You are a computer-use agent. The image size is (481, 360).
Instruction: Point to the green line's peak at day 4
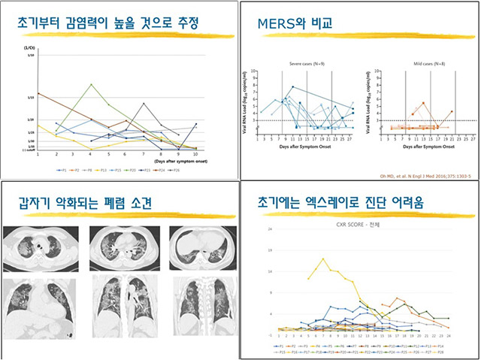[x=91, y=84]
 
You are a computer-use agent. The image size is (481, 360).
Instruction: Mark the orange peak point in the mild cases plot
[x=424, y=103]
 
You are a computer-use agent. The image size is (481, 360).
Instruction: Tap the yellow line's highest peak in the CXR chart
[x=323, y=259]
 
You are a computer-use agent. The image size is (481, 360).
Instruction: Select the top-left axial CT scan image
[x=35, y=245]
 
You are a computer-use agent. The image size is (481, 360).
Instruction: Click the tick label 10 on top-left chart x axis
[x=195, y=153]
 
